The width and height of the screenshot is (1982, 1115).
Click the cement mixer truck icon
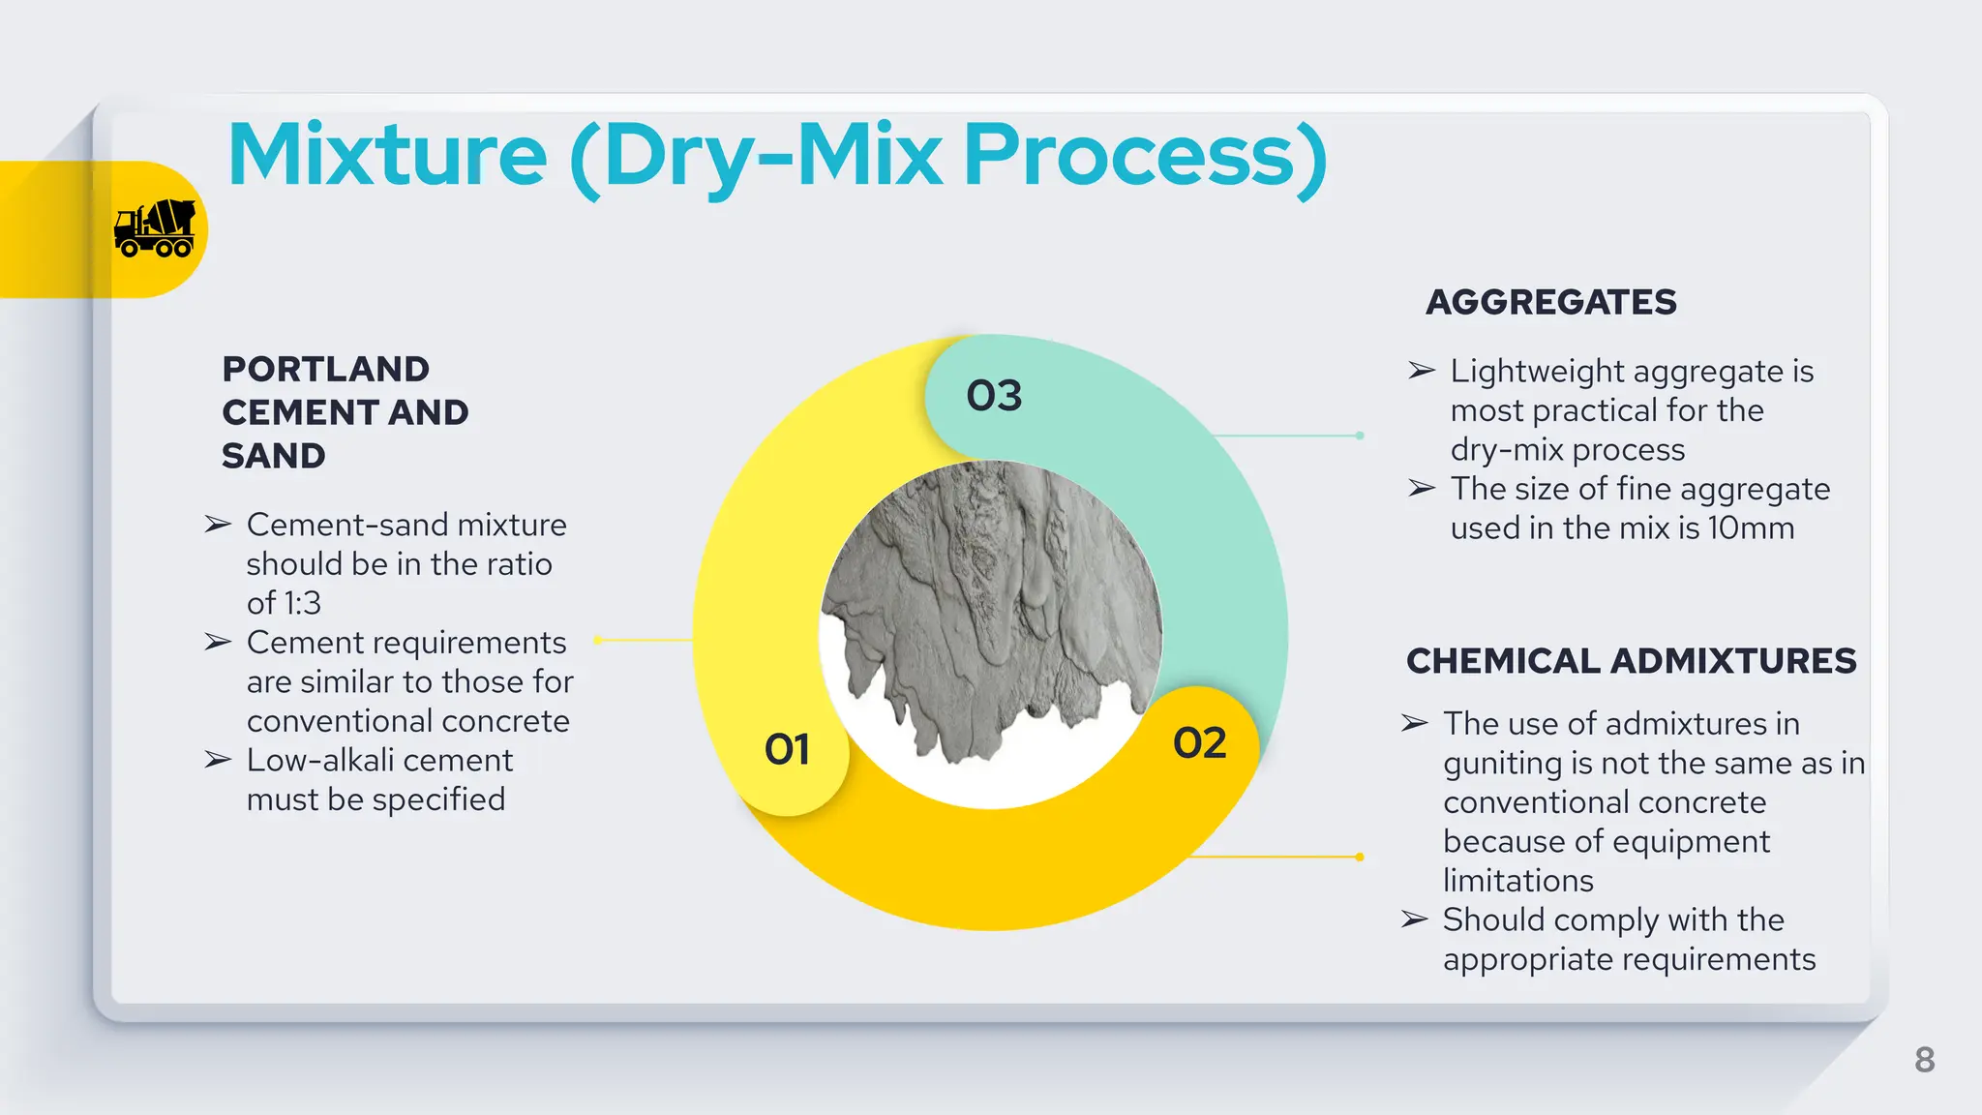(x=155, y=228)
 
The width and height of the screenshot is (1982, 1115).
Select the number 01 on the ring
(x=787, y=749)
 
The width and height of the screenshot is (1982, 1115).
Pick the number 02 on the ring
(x=1199, y=743)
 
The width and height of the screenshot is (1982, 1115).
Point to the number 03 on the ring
(x=994, y=396)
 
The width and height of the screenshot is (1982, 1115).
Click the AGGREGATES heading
(x=1550, y=302)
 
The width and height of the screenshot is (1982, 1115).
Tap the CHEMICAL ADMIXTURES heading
(x=1631, y=661)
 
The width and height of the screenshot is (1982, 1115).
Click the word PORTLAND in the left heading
(x=325, y=369)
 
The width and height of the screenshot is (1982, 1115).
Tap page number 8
(x=1924, y=1060)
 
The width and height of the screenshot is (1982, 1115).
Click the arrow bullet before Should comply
(x=1415, y=919)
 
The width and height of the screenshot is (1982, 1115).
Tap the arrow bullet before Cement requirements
(x=218, y=643)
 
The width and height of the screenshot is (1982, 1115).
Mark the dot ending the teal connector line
(x=1360, y=436)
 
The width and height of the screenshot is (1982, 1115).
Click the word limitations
(x=1517, y=881)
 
